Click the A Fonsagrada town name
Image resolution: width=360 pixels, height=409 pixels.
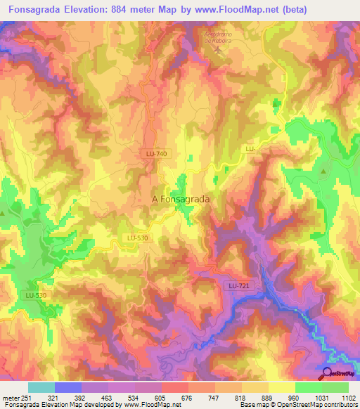[x=181, y=200]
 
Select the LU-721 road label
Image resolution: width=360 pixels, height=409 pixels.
[x=239, y=285]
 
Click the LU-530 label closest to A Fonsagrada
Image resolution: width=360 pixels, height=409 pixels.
[x=138, y=238]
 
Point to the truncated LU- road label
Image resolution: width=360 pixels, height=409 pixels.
[x=249, y=149]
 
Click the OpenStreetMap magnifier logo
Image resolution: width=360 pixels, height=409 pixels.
[x=328, y=373]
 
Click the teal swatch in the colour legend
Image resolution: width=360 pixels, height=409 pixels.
[x=41, y=387]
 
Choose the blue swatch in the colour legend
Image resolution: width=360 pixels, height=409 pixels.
[x=68, y=387]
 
